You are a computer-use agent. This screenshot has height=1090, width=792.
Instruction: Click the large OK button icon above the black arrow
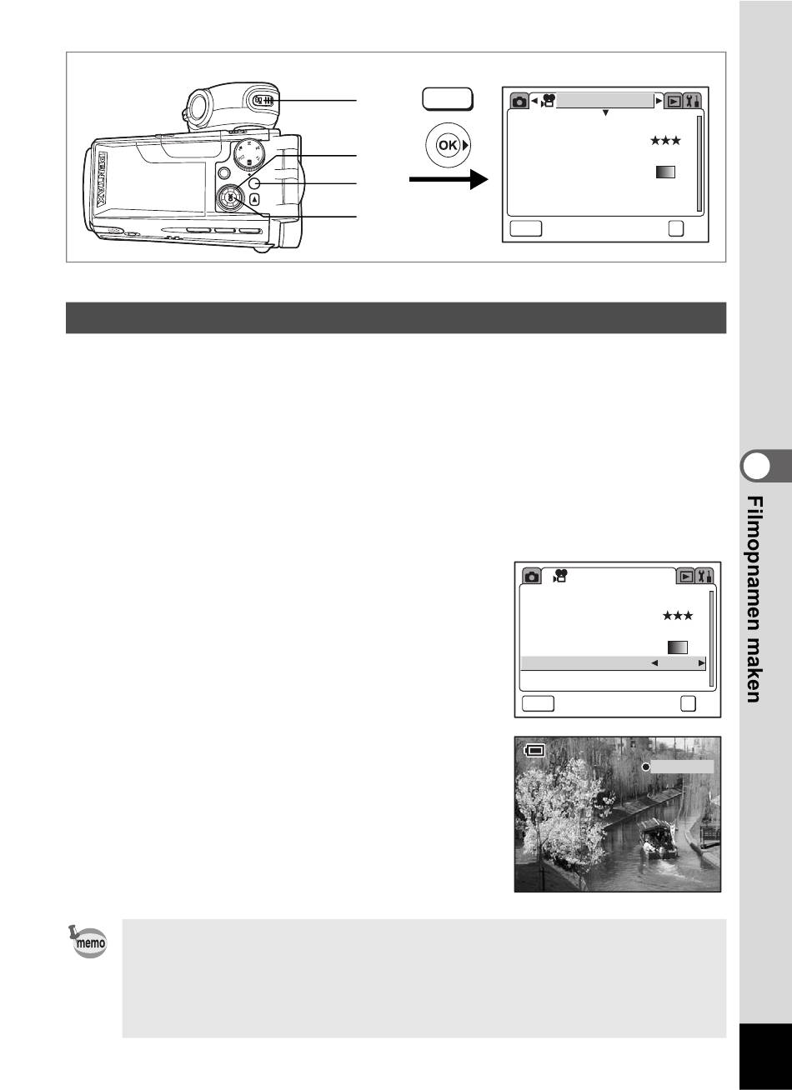coord(448,145)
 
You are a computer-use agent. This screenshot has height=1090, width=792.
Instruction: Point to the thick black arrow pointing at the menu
coord(449,179)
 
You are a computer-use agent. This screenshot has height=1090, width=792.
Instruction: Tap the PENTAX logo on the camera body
coord(103,179)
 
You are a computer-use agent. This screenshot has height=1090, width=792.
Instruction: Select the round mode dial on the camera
coord(249,155)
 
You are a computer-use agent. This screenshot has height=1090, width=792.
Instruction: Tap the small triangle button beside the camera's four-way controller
coord(255,199)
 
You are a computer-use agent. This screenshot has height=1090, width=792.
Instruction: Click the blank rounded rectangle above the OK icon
coord(448,99)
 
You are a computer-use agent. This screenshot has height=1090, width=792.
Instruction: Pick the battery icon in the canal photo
coord(534,750)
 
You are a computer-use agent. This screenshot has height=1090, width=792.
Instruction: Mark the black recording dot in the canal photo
coord(646,767)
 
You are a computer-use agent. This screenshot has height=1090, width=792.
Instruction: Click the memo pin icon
coord(88,942)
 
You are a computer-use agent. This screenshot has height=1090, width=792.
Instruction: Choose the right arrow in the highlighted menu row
coord(701,662)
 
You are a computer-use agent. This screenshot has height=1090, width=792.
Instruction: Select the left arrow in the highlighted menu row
coord(654,662)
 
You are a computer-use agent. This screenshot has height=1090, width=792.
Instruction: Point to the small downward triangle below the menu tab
coord(605,112)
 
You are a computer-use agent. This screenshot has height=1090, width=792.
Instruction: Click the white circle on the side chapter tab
coord(756,466)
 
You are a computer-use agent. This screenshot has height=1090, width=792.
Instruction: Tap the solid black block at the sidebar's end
coord(765,1057)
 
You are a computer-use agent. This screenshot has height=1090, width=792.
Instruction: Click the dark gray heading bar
coord(396,317)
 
